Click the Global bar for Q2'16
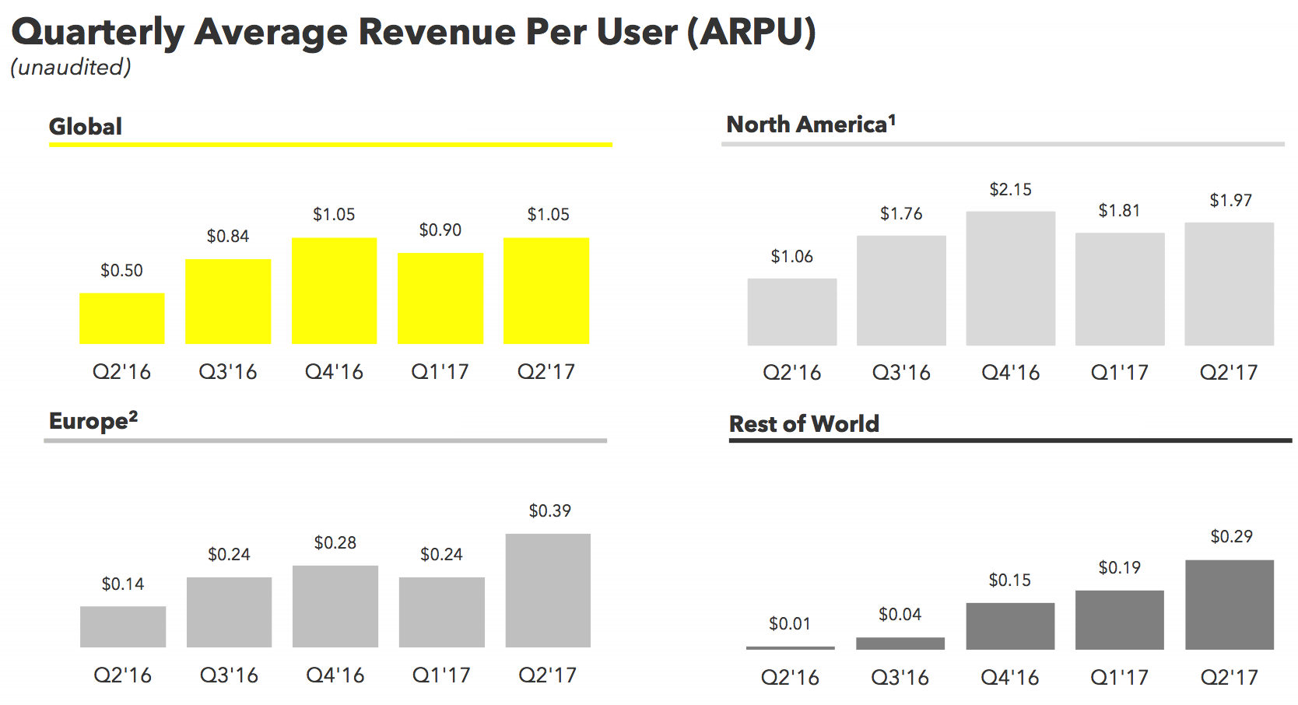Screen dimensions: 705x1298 [122, 318]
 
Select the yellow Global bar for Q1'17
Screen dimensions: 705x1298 [440, 298]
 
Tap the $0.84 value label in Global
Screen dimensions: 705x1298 [228, 236]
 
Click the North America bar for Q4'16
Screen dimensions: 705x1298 [1010, 279]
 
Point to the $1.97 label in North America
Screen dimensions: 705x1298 [1230, 200]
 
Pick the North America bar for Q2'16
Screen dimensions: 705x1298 [791, 312]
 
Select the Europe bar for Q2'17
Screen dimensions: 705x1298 [548, 590]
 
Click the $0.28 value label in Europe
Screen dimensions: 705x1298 [335, 542]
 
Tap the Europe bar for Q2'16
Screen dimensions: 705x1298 [123, 626]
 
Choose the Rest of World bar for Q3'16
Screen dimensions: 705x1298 [900, 644]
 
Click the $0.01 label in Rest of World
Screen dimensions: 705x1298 [789, 623]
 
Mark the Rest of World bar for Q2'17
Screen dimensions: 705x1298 [1229, 605]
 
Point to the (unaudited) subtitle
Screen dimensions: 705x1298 [71, 68]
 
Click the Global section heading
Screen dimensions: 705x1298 [86, 126]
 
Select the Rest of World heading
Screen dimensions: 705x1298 [804, 424]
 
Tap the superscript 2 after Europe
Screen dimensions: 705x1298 [133, 416]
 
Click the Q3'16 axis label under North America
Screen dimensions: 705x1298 [901, 372]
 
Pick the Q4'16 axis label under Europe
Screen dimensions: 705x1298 [335, 675]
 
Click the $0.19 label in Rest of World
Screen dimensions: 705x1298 [1119, 567]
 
